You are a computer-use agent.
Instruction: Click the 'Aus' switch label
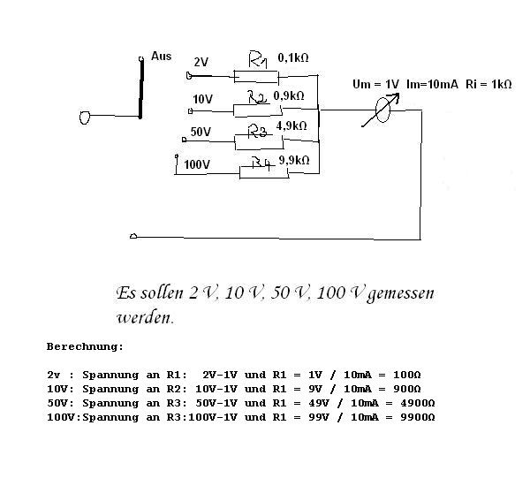pos(162,57)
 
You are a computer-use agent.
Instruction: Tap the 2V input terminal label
pos(201,62)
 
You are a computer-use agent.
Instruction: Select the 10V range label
pos(203,100)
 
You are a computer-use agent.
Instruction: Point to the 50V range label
pos(201,132)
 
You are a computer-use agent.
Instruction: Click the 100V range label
pos(197,164)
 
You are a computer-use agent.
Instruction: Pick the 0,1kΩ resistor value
pos(293,57)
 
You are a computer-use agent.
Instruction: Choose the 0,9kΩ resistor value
pos(289,96)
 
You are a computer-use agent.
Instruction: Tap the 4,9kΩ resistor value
pos(291,126)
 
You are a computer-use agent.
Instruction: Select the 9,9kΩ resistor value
pos(294,160)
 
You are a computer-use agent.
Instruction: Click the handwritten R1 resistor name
pos(258,60)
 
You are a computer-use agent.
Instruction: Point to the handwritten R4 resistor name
pos(262,163)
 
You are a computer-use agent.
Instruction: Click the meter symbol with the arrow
pos(382,110)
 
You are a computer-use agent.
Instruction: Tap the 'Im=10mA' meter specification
pos(432,84)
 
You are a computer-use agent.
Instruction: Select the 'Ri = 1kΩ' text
pos(488,84)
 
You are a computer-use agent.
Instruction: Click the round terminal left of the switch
pos(85,118)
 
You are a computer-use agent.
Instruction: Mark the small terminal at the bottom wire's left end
pos(133,236)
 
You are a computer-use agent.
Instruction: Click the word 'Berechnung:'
pos(85,346)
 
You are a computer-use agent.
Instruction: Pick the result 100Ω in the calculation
pos(407,375)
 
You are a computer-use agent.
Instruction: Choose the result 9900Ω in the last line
pos(418,417)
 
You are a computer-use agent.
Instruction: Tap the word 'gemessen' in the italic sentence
pos(400,293)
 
